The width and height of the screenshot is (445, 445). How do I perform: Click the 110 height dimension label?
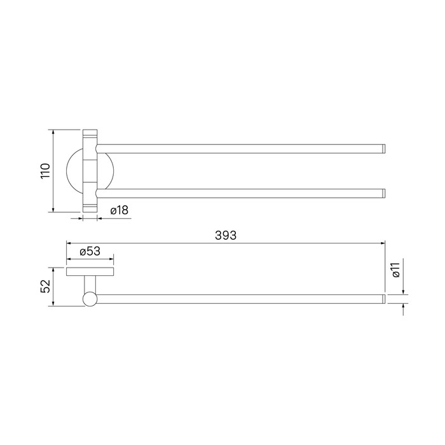click(45, 171)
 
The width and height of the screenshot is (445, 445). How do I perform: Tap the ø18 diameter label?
click(120, 210)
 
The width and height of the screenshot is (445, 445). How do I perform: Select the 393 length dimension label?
click(226, 235)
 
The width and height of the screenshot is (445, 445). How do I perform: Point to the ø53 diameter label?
click(90, 251)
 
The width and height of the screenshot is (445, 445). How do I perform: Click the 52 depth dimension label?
click(45, 286)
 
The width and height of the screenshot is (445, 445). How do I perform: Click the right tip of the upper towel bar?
click(385, 149)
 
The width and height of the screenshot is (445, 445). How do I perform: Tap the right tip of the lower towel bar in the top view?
click(385, 193)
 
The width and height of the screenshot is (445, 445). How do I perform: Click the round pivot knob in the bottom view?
click(90, 299)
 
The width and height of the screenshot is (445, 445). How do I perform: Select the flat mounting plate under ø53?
click(90, 271)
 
